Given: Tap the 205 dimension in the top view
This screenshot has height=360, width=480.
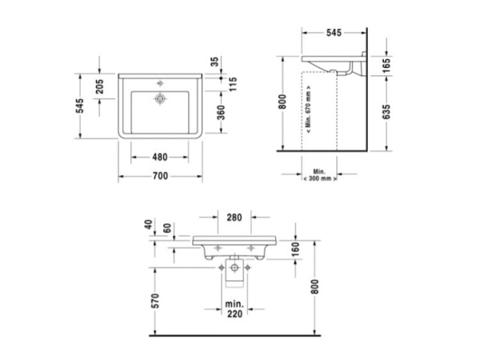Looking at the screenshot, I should click(100, 88).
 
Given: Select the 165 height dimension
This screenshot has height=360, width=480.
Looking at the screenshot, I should click(386, 64).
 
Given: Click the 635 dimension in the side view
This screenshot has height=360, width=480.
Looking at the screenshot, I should click(386, 111).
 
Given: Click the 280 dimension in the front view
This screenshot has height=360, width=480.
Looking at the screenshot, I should click(234, 218).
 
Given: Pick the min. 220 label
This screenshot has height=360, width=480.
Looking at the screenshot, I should click(234, 310).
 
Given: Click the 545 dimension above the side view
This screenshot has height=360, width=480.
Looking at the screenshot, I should click(334, 34).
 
